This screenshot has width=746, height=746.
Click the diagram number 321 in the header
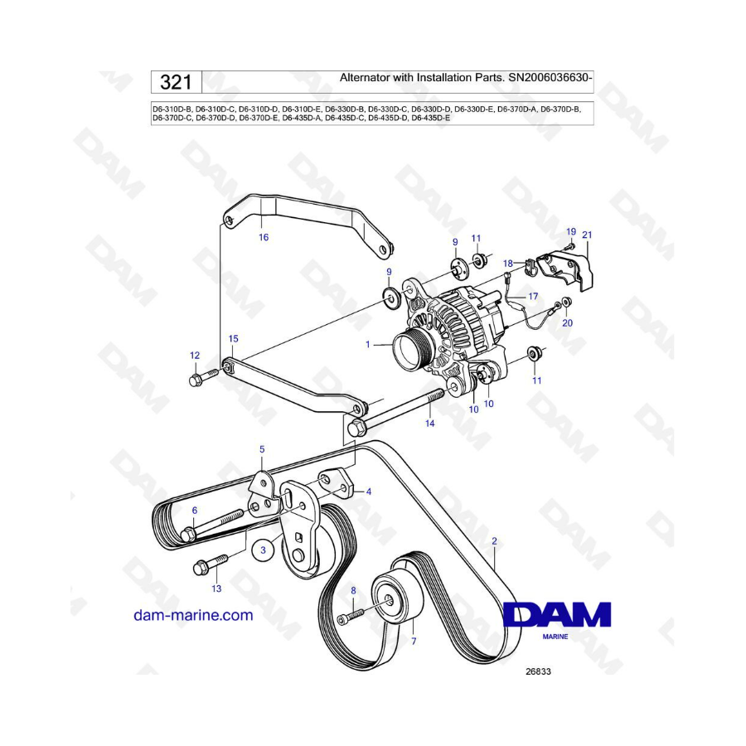point(176,82)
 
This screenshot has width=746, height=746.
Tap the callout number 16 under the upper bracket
point(263,237)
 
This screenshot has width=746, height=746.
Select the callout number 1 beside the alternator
point(367,344)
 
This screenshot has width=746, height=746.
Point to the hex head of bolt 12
point(195,380)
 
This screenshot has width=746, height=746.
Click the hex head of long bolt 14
point(356,428)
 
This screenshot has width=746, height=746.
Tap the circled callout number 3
point(263,550)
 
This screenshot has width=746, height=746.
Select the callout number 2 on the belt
point(494,541)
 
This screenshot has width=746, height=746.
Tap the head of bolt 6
point(187,535)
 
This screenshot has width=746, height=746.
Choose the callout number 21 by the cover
point(587,235)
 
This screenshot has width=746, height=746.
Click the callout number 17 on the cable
point(533,297)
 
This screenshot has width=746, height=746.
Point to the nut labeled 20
point(567,302)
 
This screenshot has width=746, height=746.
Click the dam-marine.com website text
point(193,615)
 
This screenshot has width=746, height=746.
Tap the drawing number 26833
point(538,671)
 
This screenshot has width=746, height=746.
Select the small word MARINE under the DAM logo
point(555,637)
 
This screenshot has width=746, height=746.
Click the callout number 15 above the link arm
point(233,339)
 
